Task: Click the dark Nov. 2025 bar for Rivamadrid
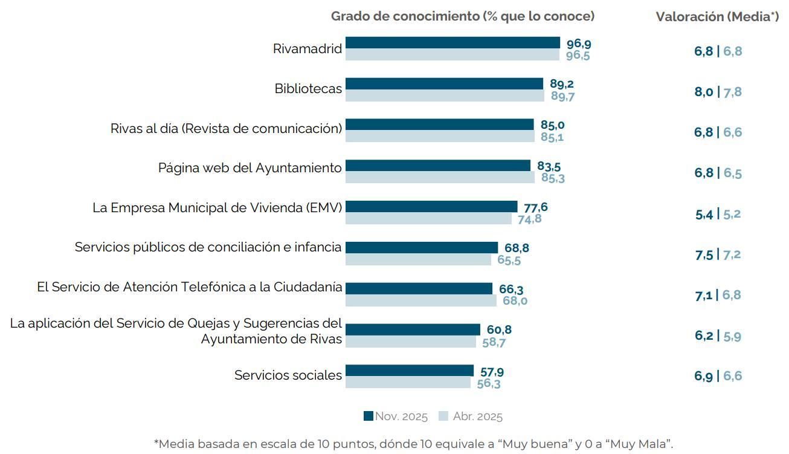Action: click(x=452, y=43)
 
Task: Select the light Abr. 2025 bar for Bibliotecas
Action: click(x=445, y=96)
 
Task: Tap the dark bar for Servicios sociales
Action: click(x=410, y=371)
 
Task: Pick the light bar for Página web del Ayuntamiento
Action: click(x=440, y=178)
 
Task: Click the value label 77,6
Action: click(x=536, y=207)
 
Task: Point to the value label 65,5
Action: click(x=509, y=260)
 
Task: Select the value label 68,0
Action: click(x=515, y=300)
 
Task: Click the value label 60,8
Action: click(x=499, y=329)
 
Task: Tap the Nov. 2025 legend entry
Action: click(x=396, y=417)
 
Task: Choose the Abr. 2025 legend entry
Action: click(x=471, y=417)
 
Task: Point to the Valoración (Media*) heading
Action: click(x=717, y=17)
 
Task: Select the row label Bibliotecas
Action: click(x=308, y=89)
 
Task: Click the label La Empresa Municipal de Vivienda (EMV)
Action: click(x=217, y=207)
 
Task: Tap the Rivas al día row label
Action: click(x=226, y=128)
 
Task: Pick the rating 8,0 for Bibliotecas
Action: click(x=703, y=92)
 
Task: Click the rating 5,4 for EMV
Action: click(x=704, y=214)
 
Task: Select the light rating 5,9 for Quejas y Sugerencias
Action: click(x=732, y=336)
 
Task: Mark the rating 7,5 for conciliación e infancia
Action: click(x=704, y=255)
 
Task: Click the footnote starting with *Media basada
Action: click(x=413, y=444)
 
